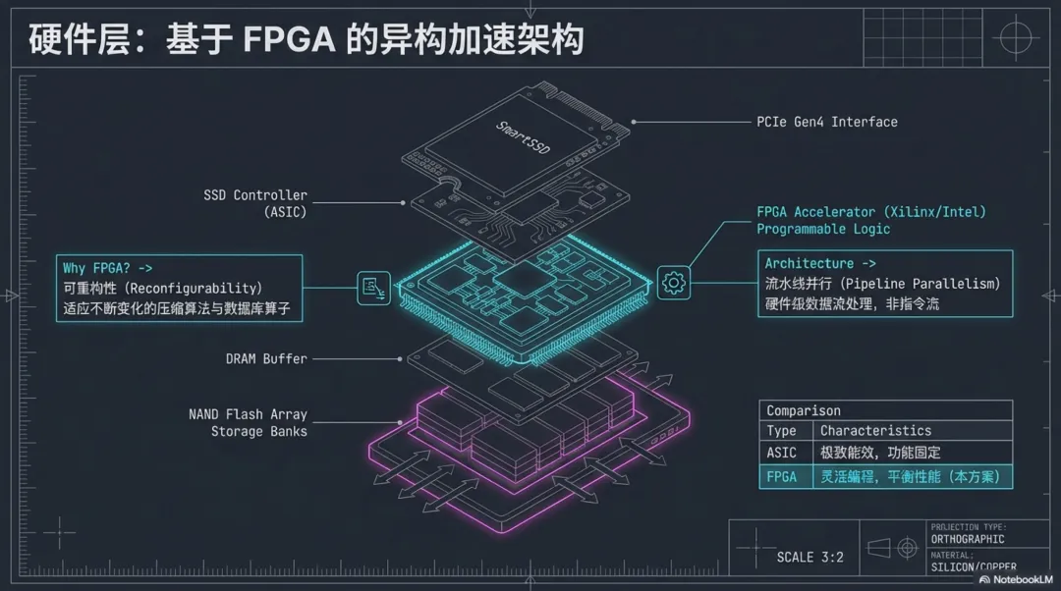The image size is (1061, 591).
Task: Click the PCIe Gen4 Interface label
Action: (x=826, y=122)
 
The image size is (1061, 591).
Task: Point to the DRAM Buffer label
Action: (x=266, y=359)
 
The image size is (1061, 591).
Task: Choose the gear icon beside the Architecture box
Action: (x=674, y=283)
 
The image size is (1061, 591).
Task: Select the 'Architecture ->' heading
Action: (x=820, y=264)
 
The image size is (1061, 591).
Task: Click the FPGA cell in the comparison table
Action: (x=782, y=477)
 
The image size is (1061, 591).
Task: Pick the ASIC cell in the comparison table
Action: (x=782, y=454)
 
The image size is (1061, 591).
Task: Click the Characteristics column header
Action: (x=875, y=431)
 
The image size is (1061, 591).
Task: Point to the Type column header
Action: (x=782, y=431)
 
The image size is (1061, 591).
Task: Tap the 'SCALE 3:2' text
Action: (x=810, y=557)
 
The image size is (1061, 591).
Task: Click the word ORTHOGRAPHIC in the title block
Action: (x=968, y=539)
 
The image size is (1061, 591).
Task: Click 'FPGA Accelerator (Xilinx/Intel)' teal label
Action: (x=870, y=212)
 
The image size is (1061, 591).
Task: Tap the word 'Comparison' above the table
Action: (x=804, y=410)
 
